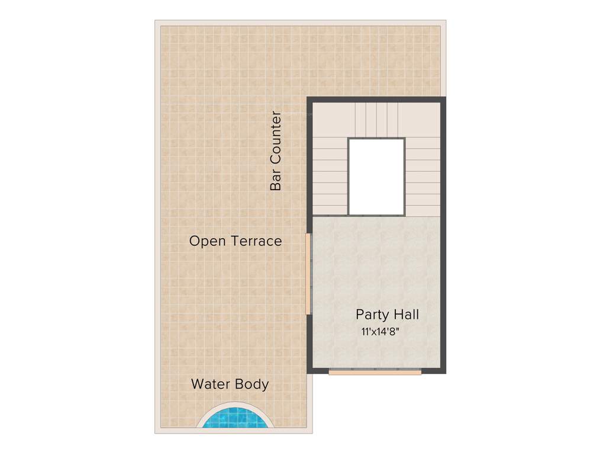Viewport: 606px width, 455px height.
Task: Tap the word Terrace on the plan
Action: pos(256,242)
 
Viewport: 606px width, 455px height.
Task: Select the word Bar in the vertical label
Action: pos(275,181)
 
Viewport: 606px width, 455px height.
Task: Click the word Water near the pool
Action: pos(211,384)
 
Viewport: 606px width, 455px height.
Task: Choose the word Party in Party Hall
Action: pos(373,314)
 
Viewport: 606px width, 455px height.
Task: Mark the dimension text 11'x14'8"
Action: pos(381,332)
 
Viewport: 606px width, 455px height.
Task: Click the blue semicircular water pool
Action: pos(236,419)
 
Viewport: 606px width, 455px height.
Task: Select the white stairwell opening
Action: pos(376,177)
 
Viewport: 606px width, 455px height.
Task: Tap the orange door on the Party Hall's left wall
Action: pos(308,274)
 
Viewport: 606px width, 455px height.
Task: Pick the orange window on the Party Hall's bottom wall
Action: pos(375,372)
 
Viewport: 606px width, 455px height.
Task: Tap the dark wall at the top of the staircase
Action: pos(376,100)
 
